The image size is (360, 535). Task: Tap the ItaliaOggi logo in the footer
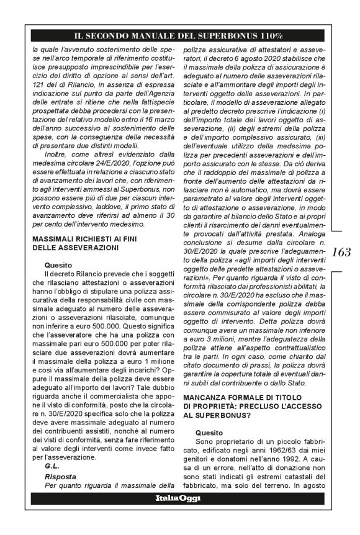pos(180,516)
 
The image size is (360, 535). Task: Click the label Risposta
pos(59,476)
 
